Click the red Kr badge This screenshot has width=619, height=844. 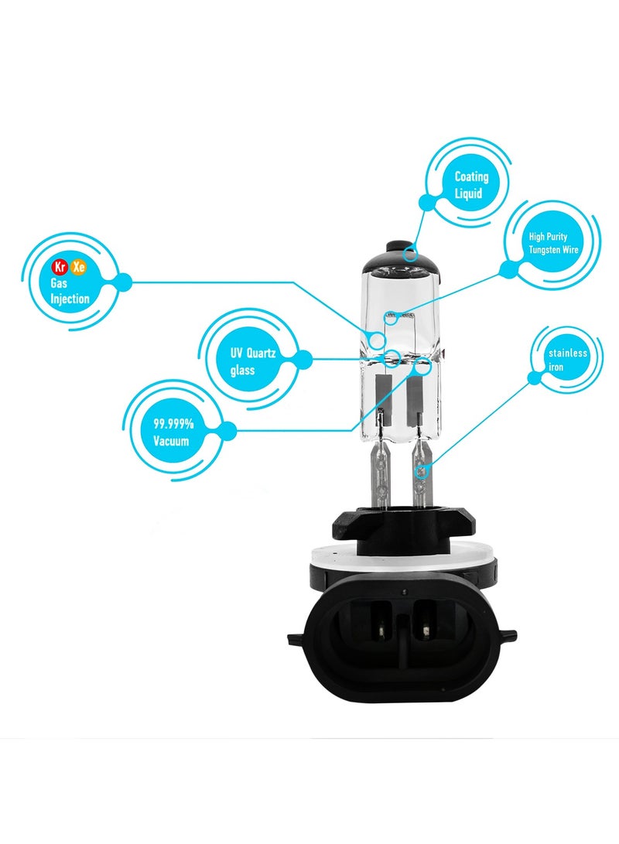[58, 267]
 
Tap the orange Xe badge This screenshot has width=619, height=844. [78, 267]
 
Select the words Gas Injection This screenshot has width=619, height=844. [70, 291]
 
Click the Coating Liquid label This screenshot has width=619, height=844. [471, 185]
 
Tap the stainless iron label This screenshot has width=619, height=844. [568, 360]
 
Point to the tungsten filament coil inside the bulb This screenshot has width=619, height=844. [401, 314]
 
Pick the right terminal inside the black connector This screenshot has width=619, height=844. [426, 627]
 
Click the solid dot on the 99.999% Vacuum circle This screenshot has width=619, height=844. [227, 431]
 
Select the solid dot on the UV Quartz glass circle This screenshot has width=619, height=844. [303, 359]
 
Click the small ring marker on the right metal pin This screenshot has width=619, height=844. [422, 470]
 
